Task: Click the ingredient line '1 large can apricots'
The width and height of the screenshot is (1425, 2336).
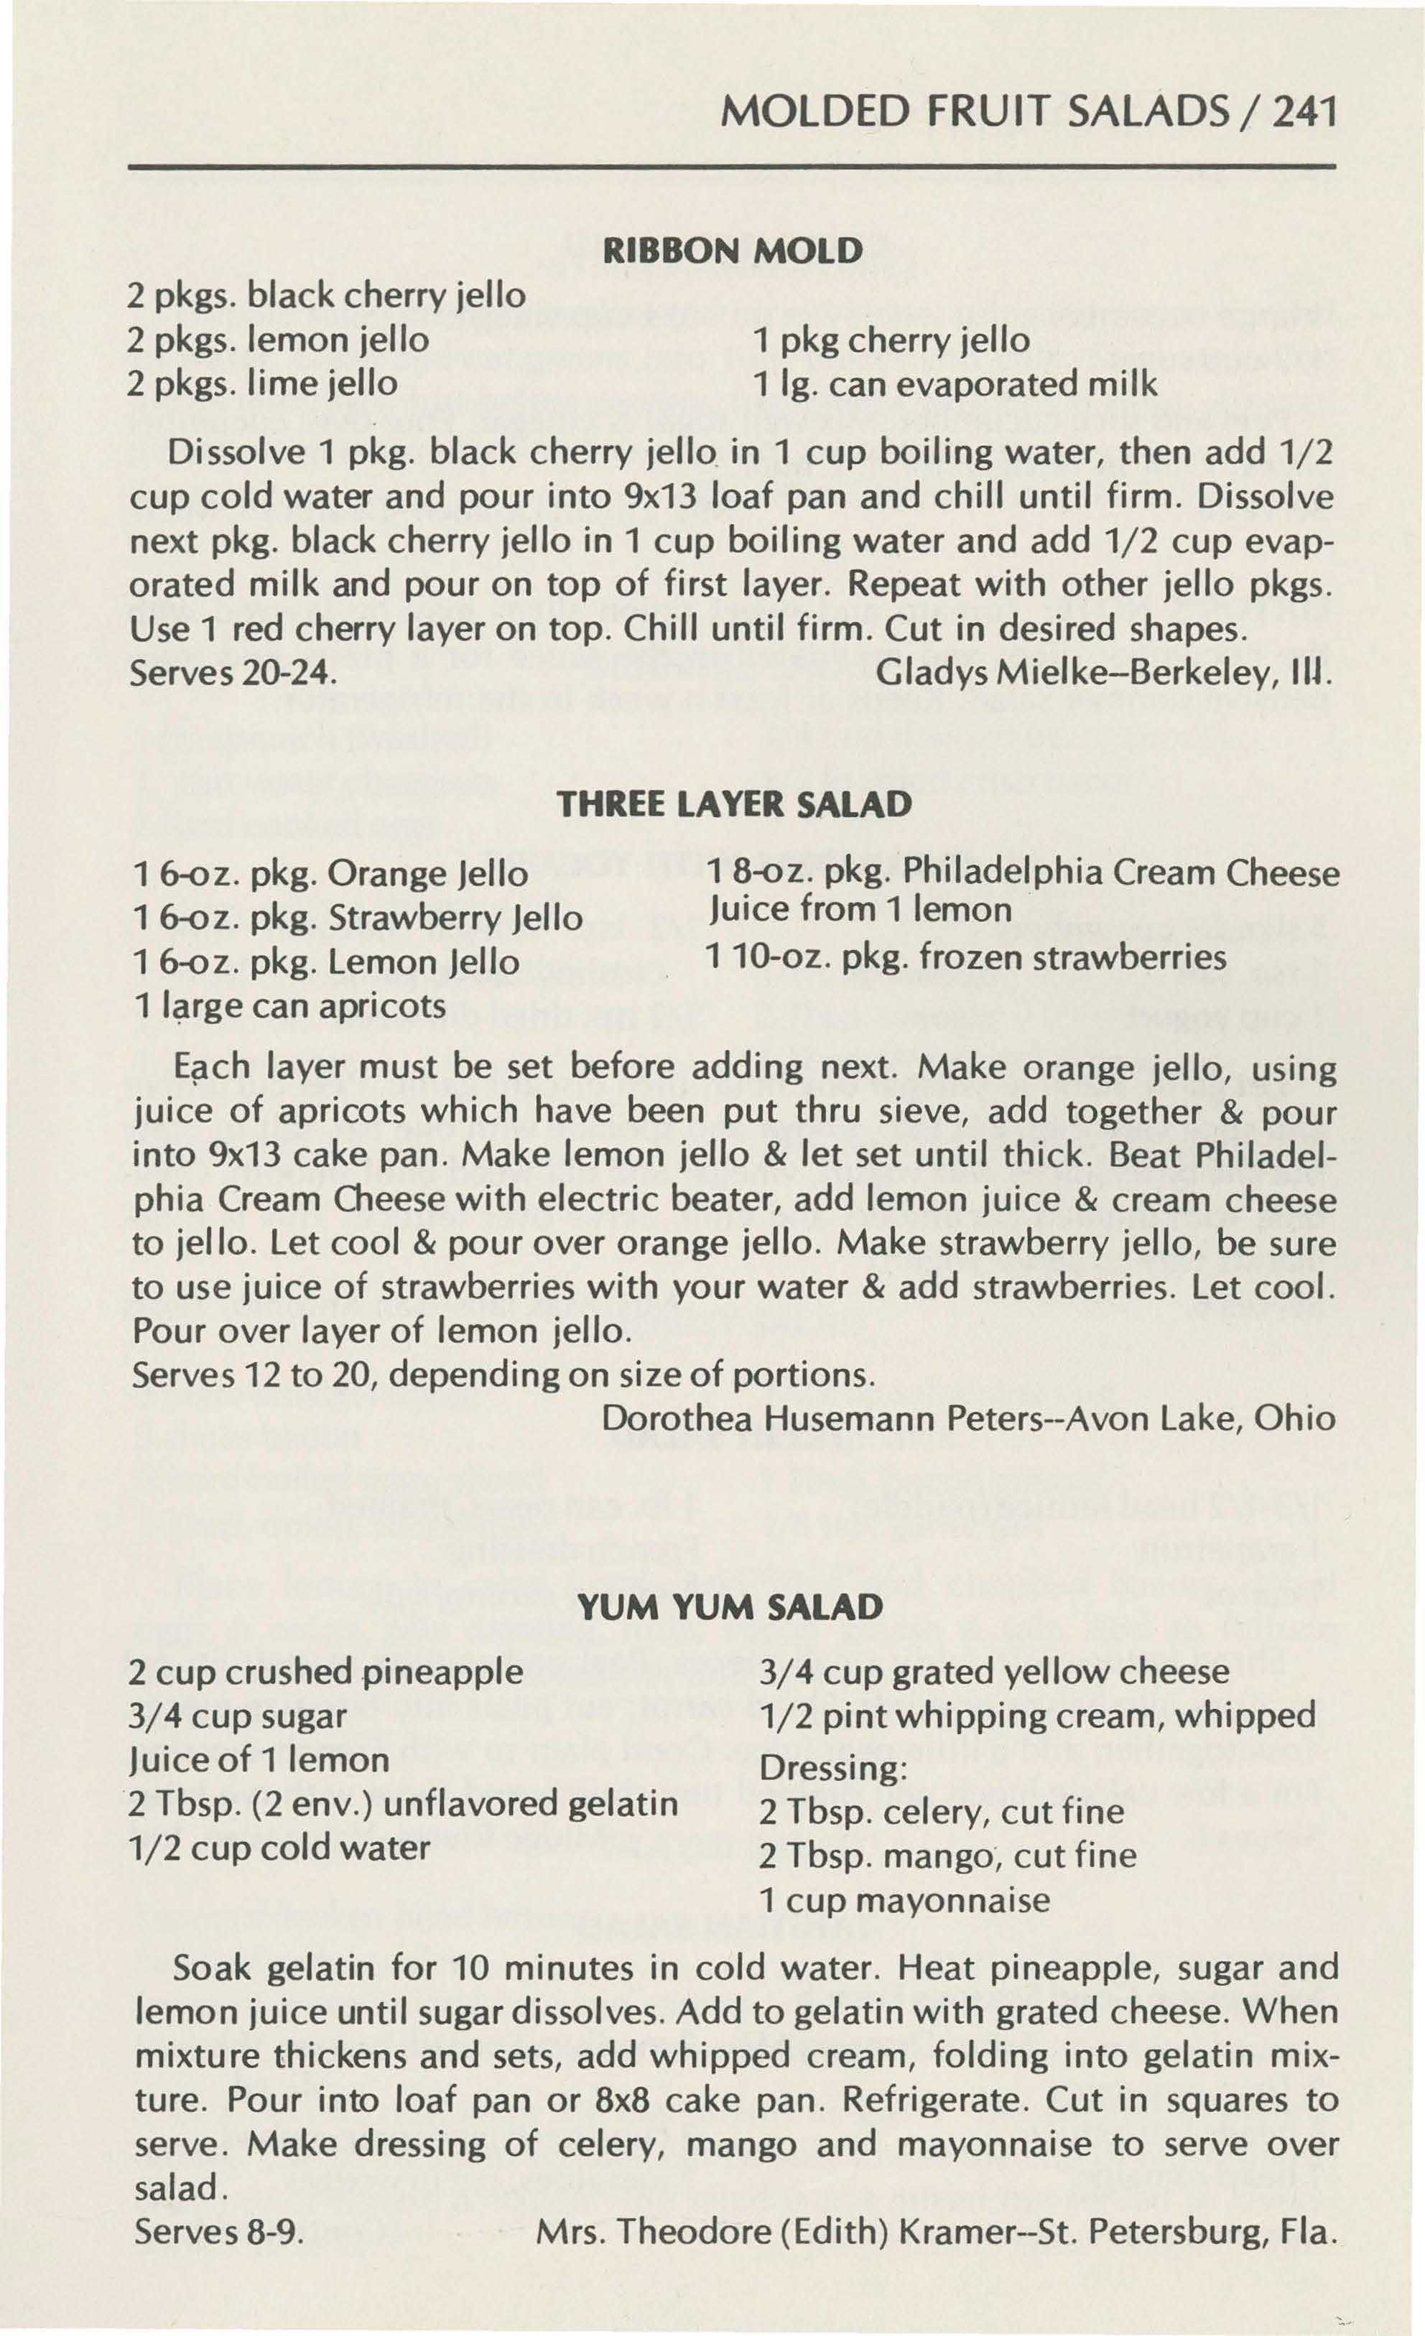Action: click(290, 1004)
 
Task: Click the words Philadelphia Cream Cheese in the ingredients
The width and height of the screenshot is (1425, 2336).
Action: click(1122, 871)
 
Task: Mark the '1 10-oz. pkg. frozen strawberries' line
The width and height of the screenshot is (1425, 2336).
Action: click(966, 959)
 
